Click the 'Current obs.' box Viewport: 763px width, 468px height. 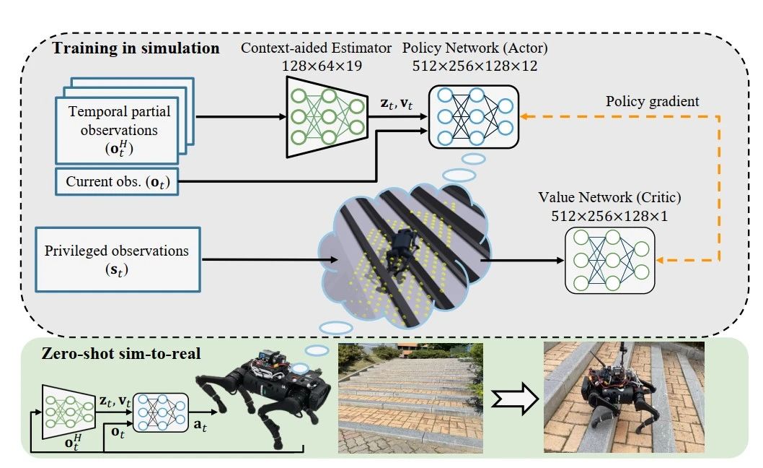(116, 181)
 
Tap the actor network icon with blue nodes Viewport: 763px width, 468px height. (473, 116)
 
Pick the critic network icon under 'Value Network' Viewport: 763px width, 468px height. (610, 259)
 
